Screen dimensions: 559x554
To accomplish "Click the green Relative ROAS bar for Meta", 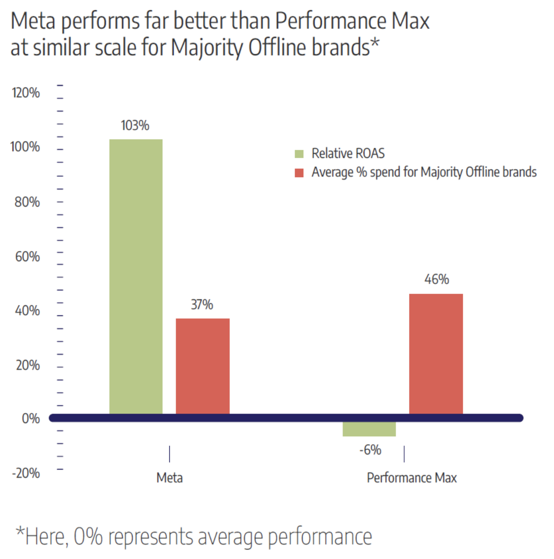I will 136,276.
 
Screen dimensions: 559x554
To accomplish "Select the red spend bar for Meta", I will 203,366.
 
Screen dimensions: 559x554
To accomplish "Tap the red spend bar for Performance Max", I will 436,353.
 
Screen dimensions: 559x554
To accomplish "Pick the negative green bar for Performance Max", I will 369,429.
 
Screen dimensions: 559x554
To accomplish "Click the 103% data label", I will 135,126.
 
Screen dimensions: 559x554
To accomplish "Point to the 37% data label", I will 202,304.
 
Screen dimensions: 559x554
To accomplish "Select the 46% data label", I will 436,279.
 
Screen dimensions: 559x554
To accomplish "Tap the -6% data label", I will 370,450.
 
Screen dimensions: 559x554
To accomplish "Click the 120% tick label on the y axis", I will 26,93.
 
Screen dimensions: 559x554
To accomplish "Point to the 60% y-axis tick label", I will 27,257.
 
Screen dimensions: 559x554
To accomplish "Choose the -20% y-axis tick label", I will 26,473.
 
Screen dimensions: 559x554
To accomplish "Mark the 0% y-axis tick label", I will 31,419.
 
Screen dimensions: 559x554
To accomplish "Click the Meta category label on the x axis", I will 169,478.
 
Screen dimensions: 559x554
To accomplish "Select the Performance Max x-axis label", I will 412,478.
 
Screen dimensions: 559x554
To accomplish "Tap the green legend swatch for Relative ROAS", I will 299,154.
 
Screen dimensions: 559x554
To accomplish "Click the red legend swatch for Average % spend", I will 299,173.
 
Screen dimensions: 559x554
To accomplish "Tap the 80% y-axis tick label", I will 27,202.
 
